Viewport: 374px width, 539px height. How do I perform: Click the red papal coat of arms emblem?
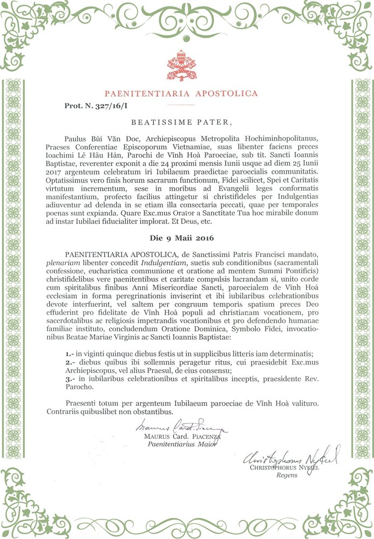pos(187,66)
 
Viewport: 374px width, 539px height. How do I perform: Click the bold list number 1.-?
pos(69,353)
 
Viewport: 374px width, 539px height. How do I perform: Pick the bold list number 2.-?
pos(69,361)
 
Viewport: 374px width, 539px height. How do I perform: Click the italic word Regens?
pos(286,475)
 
